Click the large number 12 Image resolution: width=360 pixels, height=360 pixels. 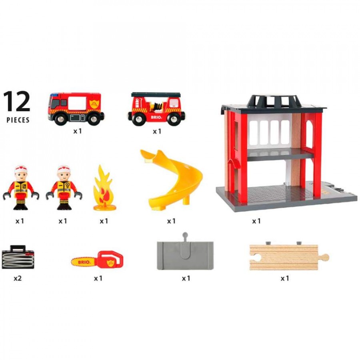tap(17, 101)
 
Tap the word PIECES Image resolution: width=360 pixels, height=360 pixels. tap(18, 120)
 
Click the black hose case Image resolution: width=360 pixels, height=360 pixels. tap(18, 257)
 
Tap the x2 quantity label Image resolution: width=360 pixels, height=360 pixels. tap(18, 278)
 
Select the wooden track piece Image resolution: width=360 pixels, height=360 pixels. tap(289, 257)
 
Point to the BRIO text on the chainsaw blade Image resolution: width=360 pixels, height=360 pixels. tap(84, 262)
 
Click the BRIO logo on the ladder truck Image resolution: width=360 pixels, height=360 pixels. tap(156, 117)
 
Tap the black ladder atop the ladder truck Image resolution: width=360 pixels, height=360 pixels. tap(156, 94)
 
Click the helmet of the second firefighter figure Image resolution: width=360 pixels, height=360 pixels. tap(63, 168)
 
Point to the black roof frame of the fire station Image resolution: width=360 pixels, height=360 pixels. tap(274, 103)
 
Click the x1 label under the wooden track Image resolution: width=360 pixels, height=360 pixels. tap(285, 278)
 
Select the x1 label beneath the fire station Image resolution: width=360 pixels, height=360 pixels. tap(256, 221)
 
